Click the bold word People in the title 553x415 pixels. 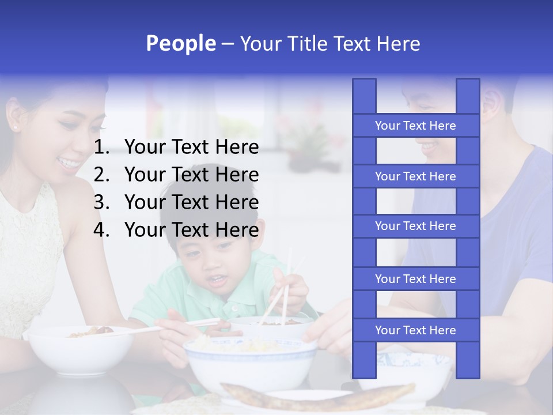tap(180, 43)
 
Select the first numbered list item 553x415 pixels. tap(176, 148)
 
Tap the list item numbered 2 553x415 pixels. tap(176, 175)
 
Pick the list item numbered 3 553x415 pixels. tap(176, 202)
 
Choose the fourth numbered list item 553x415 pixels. tap(176, 230)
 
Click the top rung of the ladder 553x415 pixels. tap(415, 126)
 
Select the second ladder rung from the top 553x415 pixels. tap(415, 176)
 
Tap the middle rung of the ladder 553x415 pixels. tap(415, 227)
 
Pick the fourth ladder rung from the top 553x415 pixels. tap(415, 279)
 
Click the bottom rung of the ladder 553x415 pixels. tap(415, 330)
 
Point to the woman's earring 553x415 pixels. tap(14, 126)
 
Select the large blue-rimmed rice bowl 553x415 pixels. tap(251, 363)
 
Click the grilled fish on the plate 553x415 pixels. tap(317, 396)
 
